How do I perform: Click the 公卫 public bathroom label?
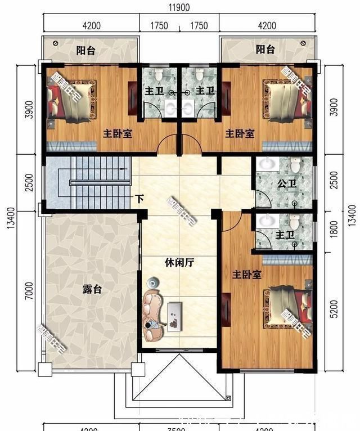[286, 184]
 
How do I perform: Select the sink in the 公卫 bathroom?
[268, 165]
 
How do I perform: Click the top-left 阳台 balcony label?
[85, 50]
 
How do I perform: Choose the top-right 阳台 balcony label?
[265, 50]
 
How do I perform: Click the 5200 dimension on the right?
[335, 307]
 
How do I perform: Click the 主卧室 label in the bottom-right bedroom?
[247, 275]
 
